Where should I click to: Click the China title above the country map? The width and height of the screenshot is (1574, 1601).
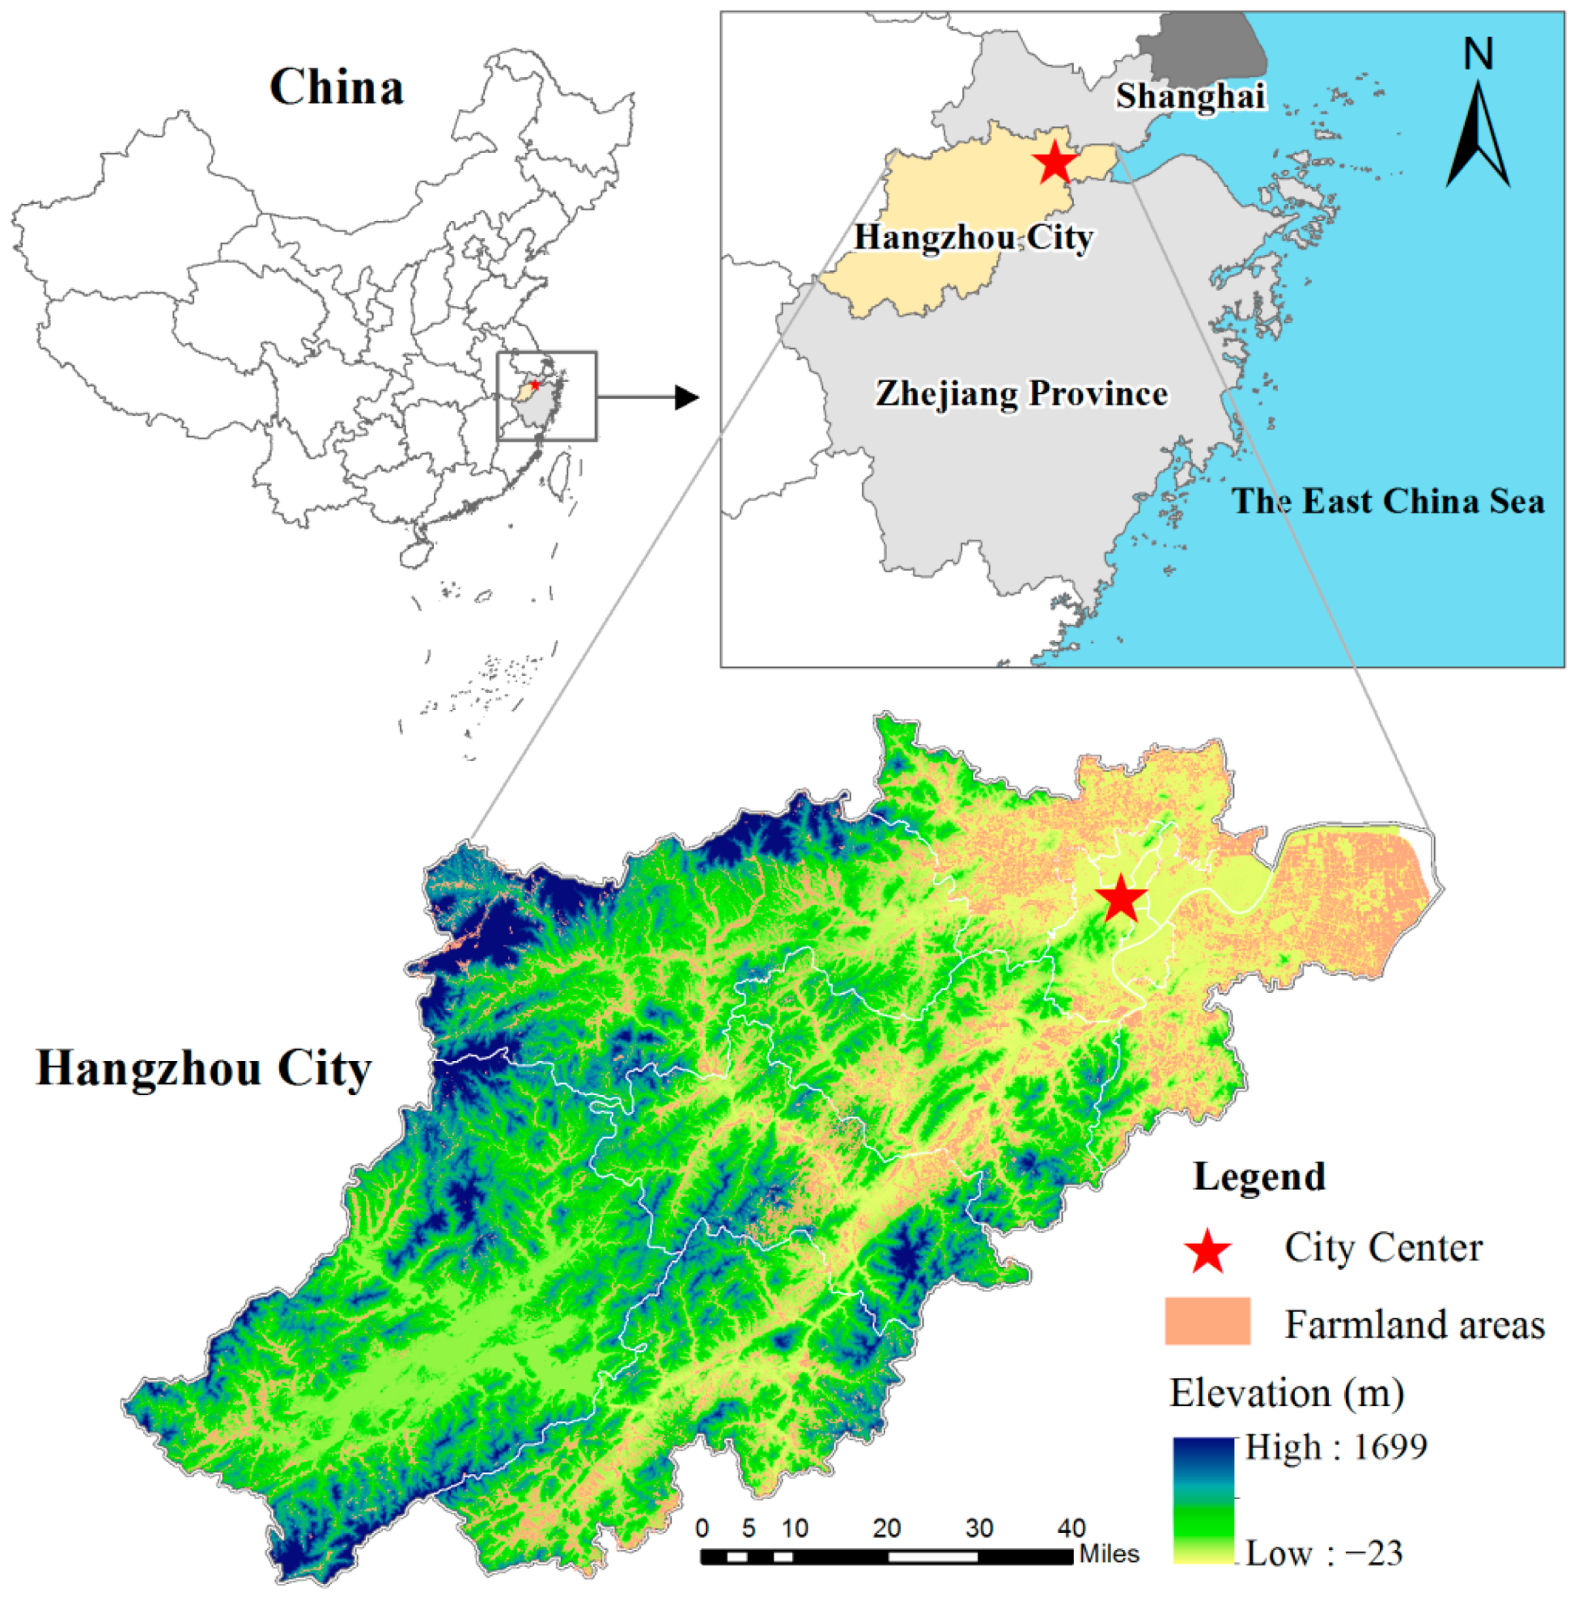[x=337, y=87]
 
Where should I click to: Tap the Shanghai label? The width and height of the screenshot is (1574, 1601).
[x=1190, y=96]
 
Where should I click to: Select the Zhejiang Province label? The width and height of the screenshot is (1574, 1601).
[x=1022, y=393]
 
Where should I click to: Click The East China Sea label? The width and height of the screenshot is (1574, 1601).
[x=1388, y=501]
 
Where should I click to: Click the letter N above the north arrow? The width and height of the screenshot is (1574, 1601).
[x=1479, y=54]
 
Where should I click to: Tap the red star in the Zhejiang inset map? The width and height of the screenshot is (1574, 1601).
[x=1055, y=162]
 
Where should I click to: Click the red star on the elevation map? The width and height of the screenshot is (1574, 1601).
[x=1121, y=898]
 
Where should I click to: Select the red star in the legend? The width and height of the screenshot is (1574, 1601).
[x=1207, y=1251]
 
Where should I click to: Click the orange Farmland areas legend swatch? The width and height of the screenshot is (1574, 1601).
[x=1207, y=1322]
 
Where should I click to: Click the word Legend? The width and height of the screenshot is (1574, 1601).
[x=1258, y=1177]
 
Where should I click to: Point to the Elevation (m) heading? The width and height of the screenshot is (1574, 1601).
[x=1287, y=1394]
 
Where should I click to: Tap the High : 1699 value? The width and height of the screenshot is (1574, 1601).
[x=1336, y=1447]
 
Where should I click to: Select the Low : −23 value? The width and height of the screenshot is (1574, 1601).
[x=1323, y=1554]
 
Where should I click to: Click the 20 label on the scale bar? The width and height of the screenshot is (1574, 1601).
[x=886, y=1528]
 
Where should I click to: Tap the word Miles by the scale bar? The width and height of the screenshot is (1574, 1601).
[x=1109, y=1555]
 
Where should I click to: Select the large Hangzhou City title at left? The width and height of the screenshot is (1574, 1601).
[x=203, y=1068]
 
